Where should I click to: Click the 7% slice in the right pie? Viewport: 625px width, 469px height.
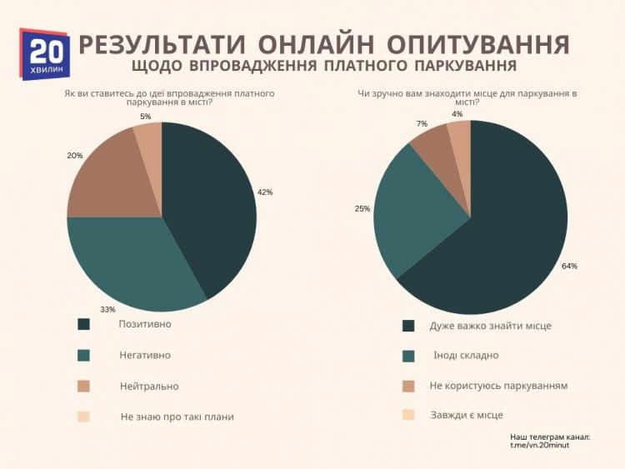click(432, 146)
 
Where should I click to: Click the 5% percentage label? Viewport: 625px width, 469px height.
click(146, 117)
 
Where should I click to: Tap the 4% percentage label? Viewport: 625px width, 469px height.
click(457, 114)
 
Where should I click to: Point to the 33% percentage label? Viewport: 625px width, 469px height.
click(107, 310)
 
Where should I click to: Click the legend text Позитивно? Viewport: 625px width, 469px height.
click(145, 323)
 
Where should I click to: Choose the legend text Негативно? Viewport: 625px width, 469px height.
click(145, 355)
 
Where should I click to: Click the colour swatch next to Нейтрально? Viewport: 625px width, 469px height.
click(83, 387)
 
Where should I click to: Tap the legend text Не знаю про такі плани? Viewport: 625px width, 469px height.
click(177, 417)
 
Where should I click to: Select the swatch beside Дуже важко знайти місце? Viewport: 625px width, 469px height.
click(408, 326)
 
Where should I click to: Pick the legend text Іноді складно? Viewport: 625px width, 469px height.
click(465, 355)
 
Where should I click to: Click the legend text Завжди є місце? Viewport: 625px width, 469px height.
click(467, 415)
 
